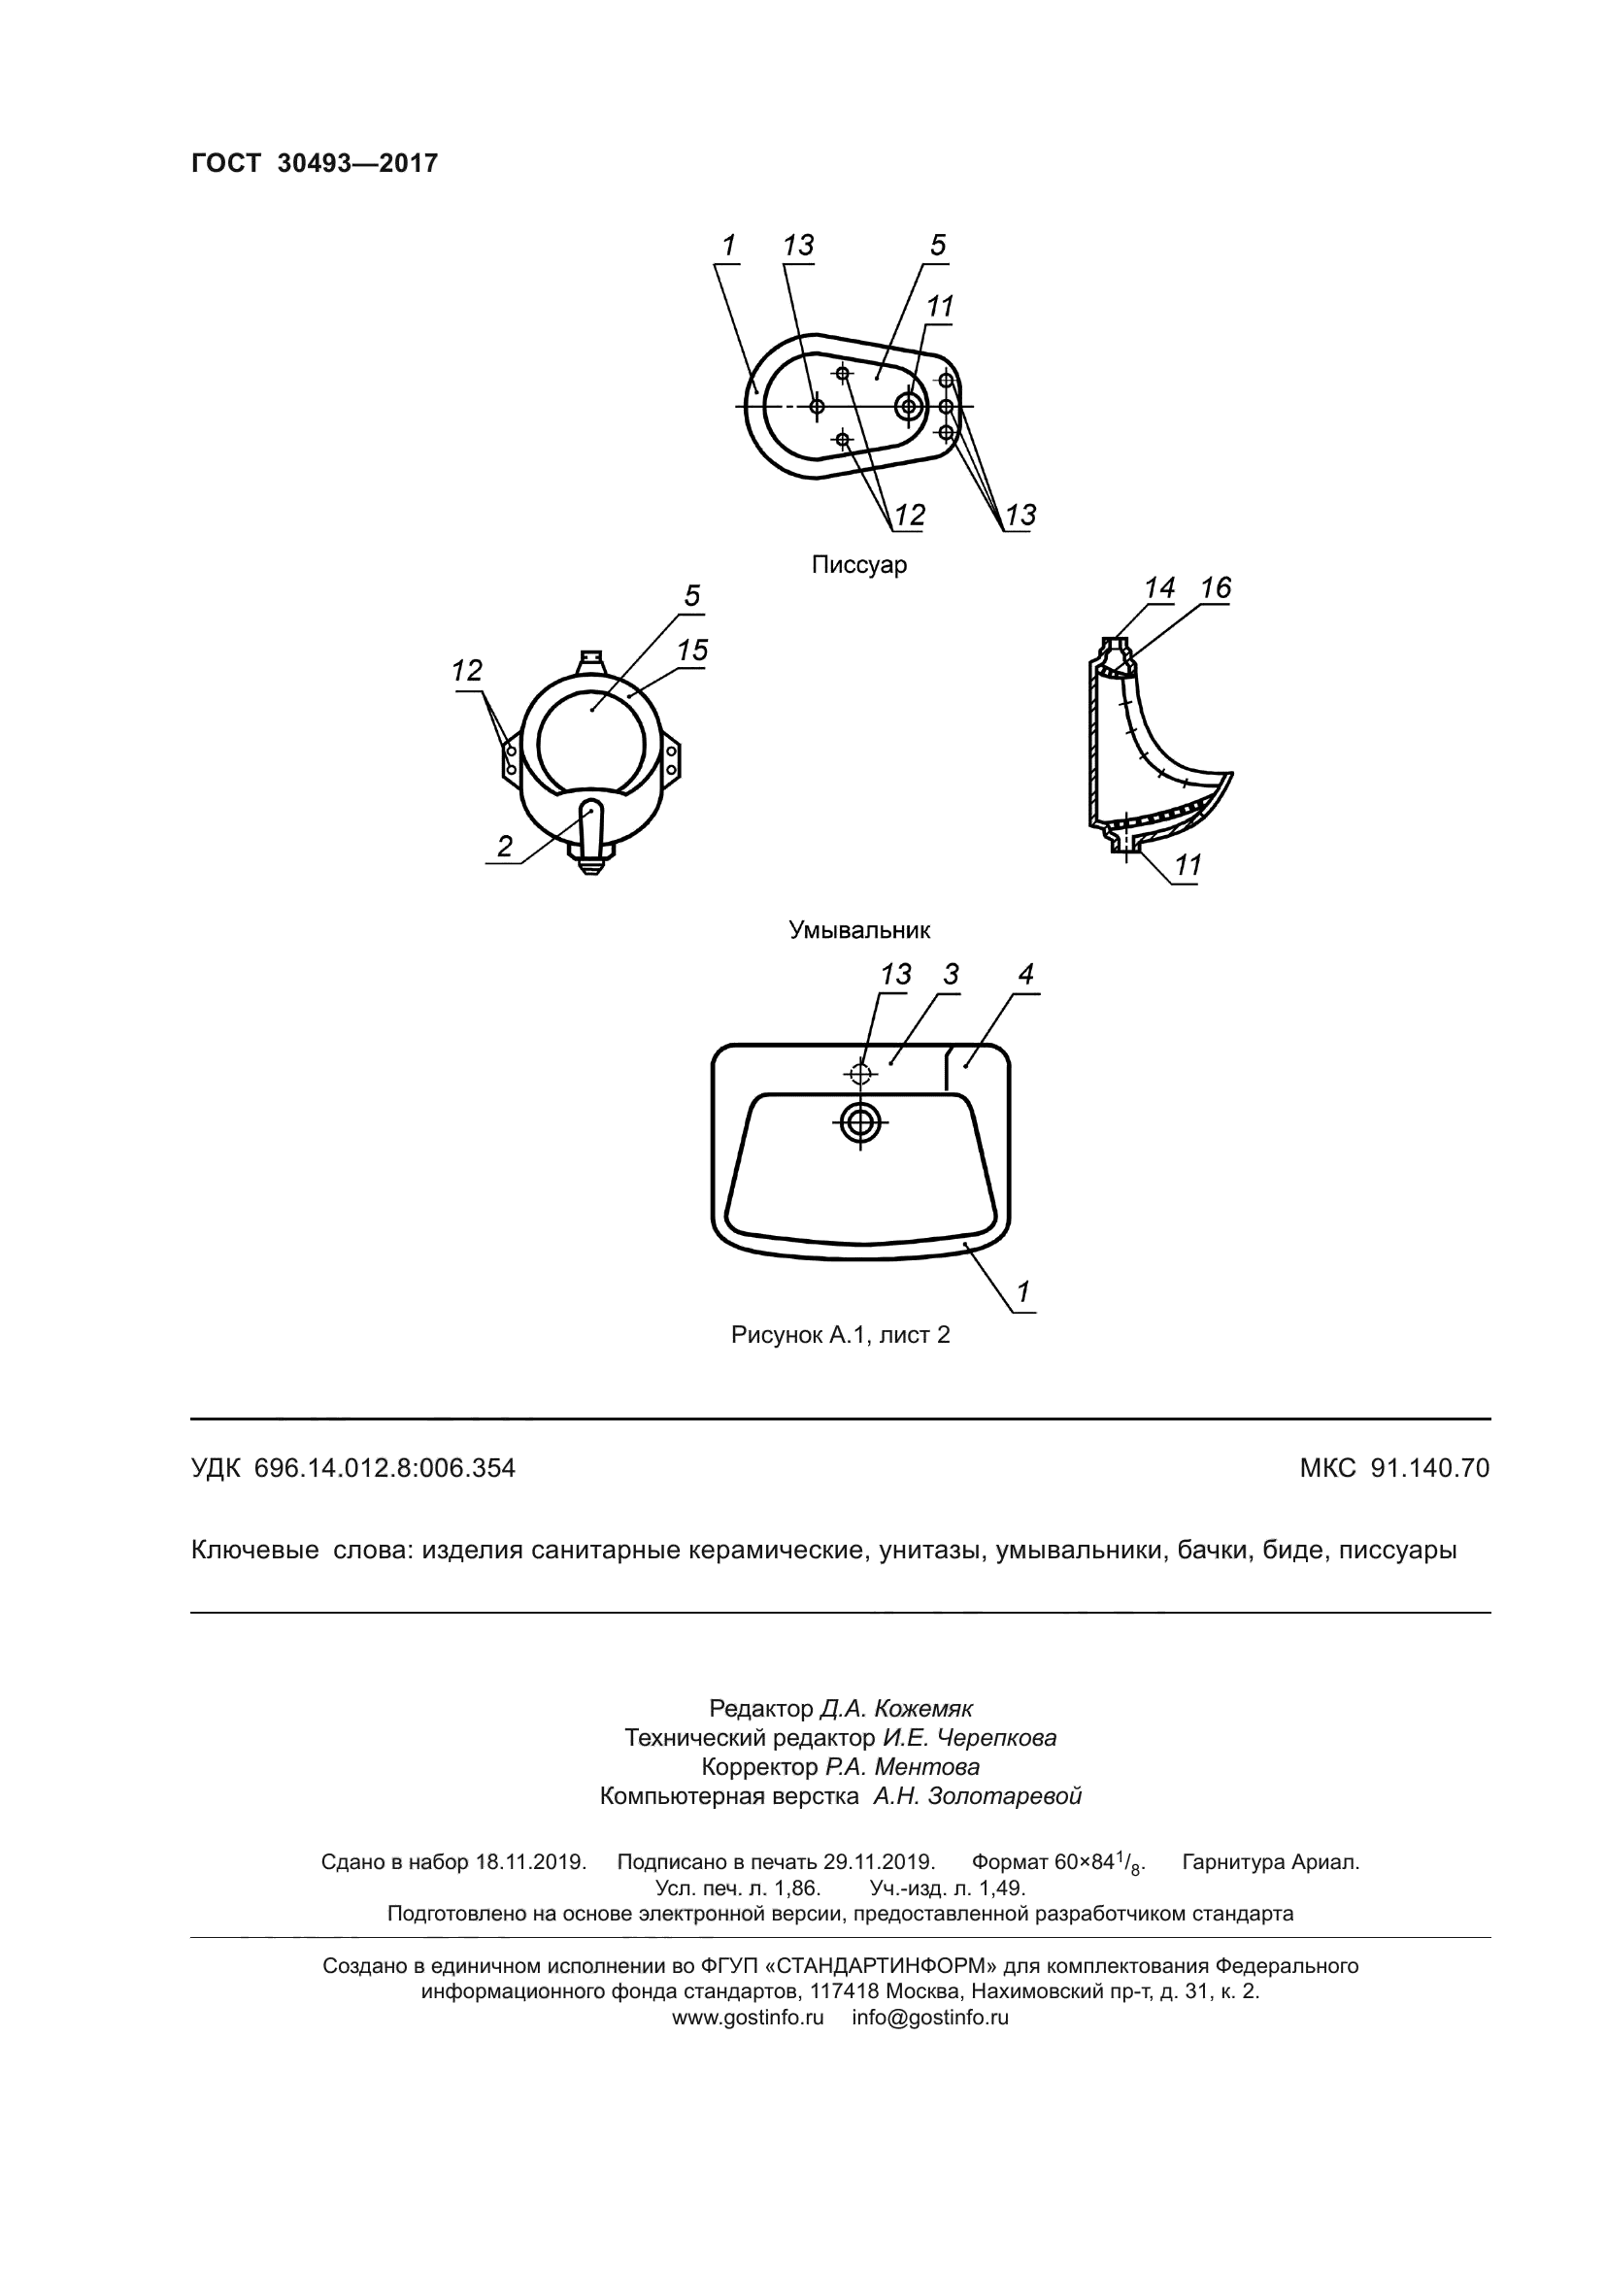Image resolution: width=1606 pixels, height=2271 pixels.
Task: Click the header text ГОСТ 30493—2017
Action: point(314,164)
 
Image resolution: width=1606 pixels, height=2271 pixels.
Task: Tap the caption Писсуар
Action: point(858,565)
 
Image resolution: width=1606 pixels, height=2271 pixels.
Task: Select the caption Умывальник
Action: point(858,930)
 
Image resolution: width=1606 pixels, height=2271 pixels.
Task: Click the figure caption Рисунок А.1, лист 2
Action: point(840,1334)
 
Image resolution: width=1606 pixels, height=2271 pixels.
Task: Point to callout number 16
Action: point(1216,587)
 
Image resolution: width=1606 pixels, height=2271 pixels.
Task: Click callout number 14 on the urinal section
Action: point(1159,587)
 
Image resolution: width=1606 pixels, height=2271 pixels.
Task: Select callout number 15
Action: point(692,650)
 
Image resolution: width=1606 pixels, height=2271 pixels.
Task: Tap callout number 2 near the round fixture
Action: point(505,846)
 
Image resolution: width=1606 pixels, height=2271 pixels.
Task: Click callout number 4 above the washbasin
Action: point(1025,974)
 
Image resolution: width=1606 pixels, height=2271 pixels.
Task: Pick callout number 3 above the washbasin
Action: point(951,974)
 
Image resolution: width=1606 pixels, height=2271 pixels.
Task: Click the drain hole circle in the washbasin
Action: point(861,1121)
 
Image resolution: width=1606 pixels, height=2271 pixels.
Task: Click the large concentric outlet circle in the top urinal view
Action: point(908,406)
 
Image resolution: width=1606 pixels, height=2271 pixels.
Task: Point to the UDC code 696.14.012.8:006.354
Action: point(385,1468)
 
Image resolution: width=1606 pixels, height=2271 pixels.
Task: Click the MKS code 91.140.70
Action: point(1429,1468)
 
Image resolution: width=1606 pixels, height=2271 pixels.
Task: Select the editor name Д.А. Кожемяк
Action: point(896,1708)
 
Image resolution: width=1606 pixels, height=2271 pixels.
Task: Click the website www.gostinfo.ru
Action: point(748,2018)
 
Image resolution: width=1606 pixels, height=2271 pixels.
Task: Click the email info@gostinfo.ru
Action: point(929,2018)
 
